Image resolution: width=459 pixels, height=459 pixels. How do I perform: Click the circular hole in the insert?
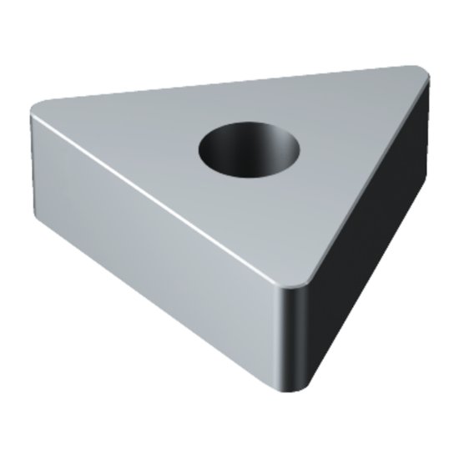click(250, 149)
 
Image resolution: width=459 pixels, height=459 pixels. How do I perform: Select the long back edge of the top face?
click(234, 87)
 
